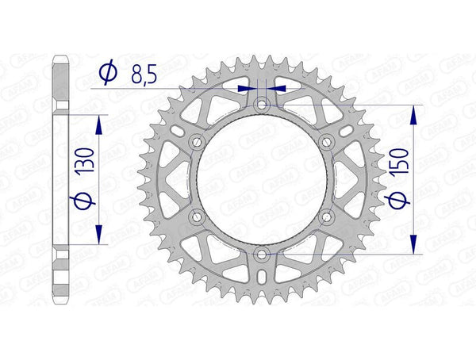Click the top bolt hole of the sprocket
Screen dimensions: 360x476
(x=262, y=105)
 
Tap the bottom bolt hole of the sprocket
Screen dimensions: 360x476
(x=262, y=254)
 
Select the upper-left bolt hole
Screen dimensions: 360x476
(x=197, y=142)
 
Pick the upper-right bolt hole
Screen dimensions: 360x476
(x=327, y=142)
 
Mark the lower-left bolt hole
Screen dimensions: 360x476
(x=197, y=216)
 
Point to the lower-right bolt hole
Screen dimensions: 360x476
(x=327, y=216)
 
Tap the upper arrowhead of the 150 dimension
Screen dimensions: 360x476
(x=413, y=116)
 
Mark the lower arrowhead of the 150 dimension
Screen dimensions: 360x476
(x=413, y=243)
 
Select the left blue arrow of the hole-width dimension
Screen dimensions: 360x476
(x=246, y=90)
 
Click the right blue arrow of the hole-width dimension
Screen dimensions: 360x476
(x=278, y=90)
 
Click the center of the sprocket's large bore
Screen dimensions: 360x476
(x=262, y=179)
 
